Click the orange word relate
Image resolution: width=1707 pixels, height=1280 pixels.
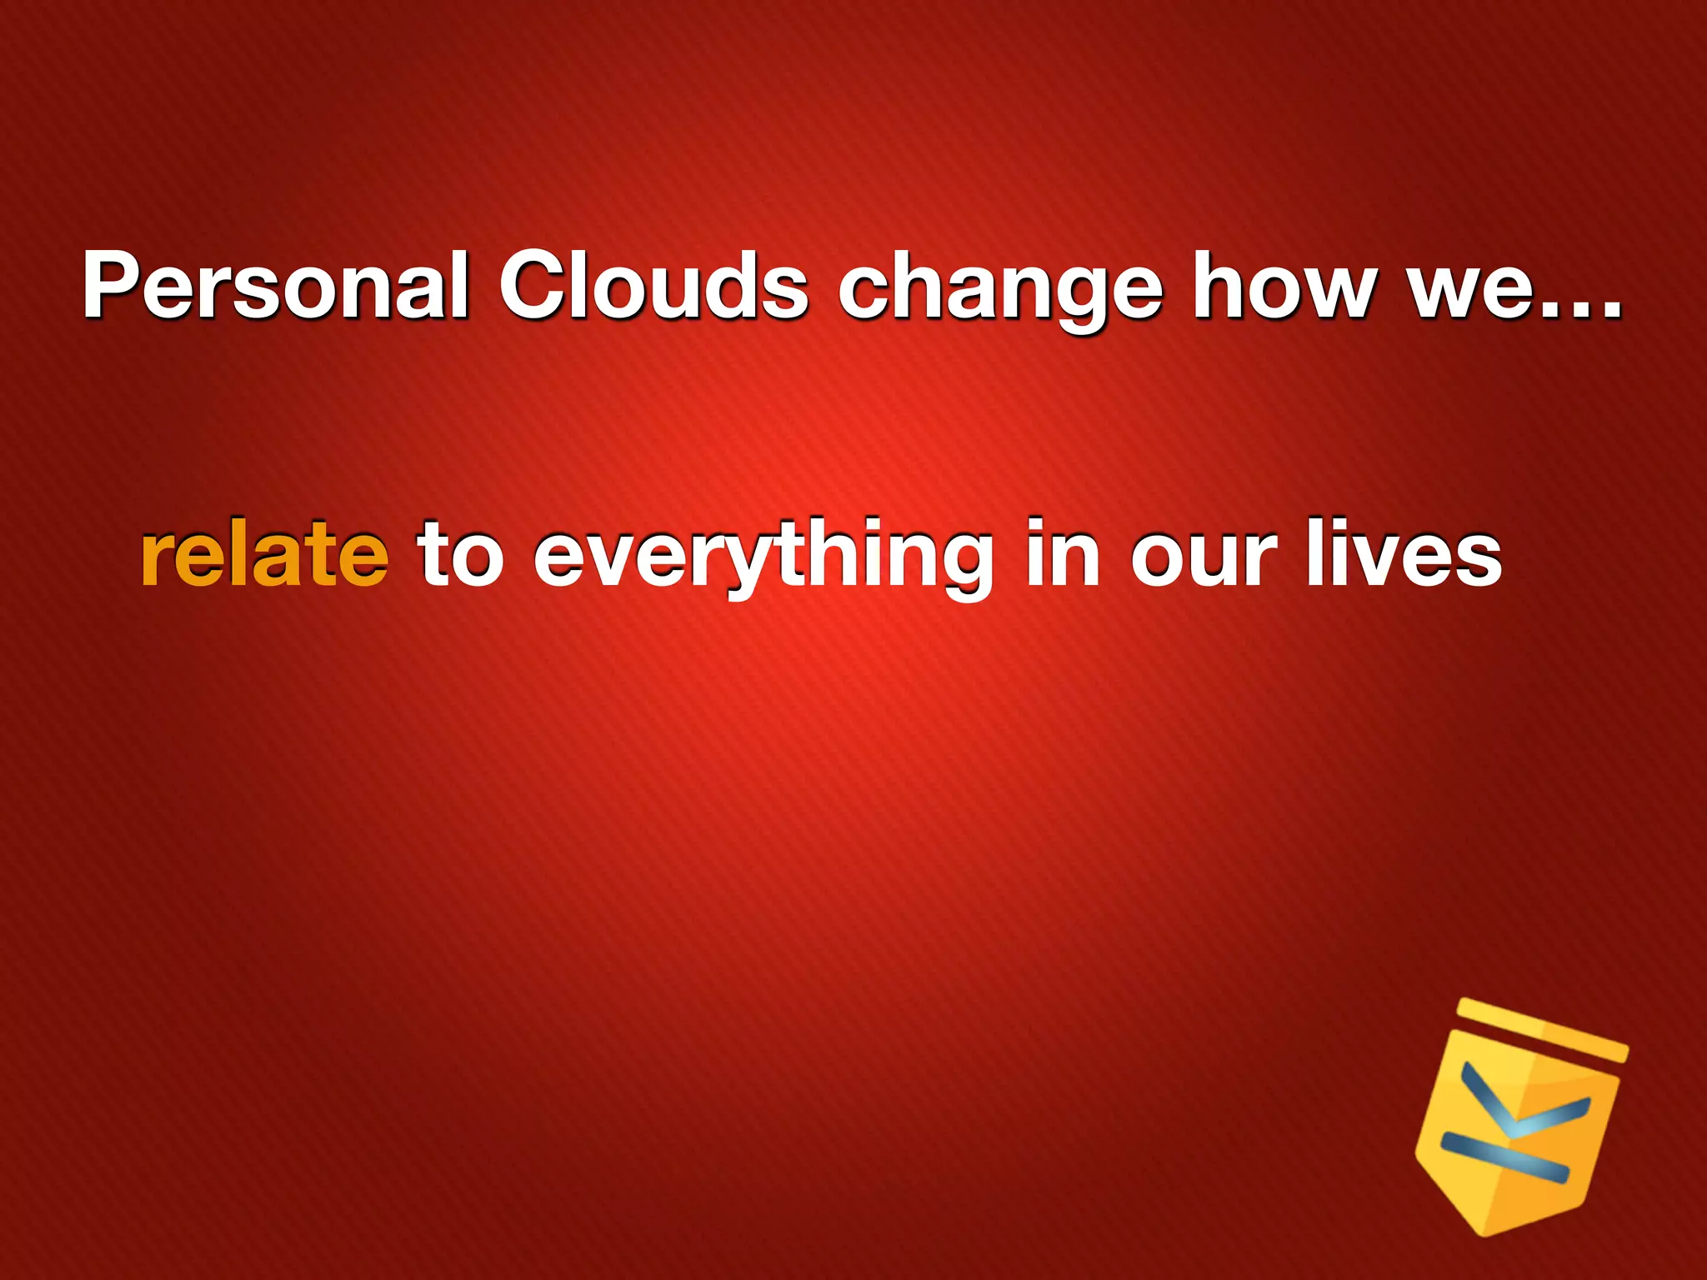(264, 554)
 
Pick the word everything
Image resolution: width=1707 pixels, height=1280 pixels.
(763, 558)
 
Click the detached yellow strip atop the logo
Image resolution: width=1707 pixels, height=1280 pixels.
(1542, 1030)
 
